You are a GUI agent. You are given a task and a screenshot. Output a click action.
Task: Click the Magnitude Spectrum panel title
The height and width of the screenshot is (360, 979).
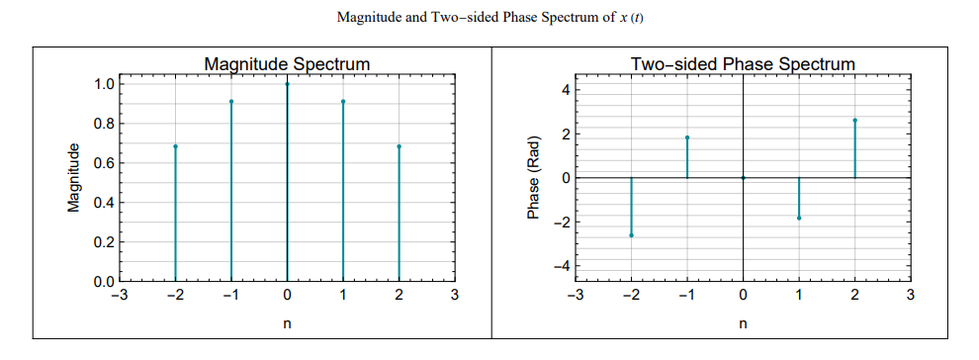(x=287, y=64)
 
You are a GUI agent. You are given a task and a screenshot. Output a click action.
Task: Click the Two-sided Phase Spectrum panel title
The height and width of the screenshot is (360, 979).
(x=743, y=64)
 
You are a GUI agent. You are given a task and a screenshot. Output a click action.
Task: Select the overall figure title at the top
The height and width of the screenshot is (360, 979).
(x=490, y=18)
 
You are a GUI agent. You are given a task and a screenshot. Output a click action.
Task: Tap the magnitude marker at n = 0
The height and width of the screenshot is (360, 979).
(x=287, y=84)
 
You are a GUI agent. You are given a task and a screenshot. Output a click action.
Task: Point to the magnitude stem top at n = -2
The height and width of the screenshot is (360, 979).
(x=175, y=146)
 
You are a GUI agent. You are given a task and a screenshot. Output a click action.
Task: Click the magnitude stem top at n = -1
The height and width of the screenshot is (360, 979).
(x=231, y=101)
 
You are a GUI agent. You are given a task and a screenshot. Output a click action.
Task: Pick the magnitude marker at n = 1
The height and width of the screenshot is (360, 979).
(x=343, y=101)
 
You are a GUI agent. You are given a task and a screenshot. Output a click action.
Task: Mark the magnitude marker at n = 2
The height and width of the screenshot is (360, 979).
(x=399, y=146)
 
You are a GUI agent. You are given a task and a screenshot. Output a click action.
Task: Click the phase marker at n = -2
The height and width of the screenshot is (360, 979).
(x=631, y=235)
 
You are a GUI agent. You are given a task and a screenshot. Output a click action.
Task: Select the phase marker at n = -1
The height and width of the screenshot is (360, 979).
(x=687, y=137)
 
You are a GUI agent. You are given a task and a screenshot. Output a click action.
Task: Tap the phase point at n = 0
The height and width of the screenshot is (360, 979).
(x=743, y=178)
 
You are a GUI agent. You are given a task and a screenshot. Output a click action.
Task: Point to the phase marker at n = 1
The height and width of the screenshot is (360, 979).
(x=799, y=218)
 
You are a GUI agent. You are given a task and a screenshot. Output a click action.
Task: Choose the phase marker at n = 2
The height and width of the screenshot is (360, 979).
(x=854, y=120)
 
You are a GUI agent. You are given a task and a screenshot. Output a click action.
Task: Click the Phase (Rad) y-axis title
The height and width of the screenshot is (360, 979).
(x=534, y=178)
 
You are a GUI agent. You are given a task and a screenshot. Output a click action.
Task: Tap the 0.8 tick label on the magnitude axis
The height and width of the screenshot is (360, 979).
(x=102, y=124)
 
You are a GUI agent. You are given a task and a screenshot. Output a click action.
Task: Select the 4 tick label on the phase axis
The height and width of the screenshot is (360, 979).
(x=565, y=90)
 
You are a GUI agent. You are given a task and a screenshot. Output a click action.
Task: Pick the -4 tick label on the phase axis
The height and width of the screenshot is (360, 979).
(x=561, y=265)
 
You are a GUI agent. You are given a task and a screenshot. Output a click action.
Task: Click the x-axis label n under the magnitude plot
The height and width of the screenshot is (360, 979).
(x=287, y=323)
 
